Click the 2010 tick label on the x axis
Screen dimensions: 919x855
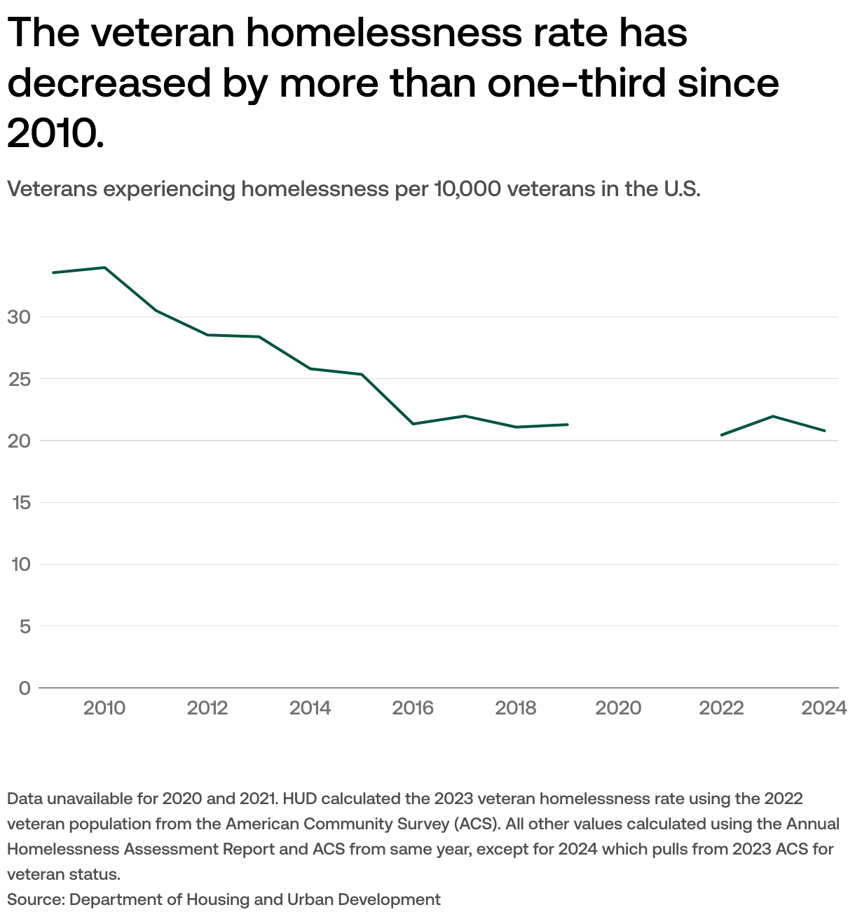(x=104, y=708)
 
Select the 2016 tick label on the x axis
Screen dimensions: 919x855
(x=413, y=708)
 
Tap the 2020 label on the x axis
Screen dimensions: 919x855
(x=618, y=708)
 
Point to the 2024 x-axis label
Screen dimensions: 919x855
(x=824, y=708)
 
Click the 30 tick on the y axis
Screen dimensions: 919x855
(x=20, y=317)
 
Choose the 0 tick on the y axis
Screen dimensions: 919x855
(x=25, y=688)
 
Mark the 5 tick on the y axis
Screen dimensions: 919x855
(x=25, y=626)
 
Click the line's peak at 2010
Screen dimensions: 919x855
(x=104, y=268)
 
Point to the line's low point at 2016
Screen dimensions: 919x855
(x=413, y=424)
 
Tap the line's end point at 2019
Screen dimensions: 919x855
(x=567, y=424)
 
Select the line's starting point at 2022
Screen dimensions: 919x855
(x=721, y=435)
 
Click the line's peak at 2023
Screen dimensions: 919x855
(x=772, y=416)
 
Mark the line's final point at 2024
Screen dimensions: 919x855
(x=824, y=431)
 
